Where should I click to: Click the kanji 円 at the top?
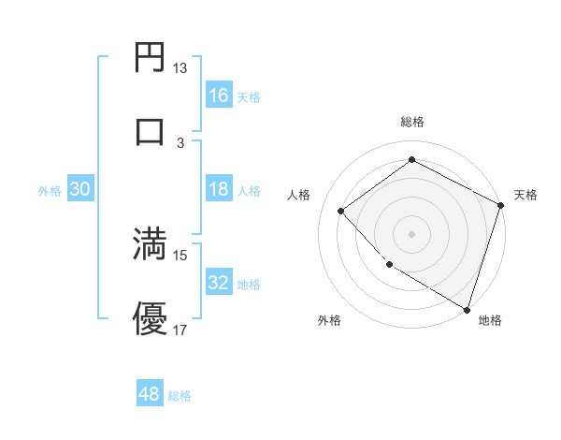151,59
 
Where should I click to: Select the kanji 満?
151,244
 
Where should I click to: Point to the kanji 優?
151,319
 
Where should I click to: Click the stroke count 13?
180,68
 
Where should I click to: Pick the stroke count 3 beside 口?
180,142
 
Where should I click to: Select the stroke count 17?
180,330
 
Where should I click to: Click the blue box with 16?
219,95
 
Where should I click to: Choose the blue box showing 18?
219,190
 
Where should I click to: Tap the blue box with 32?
219,283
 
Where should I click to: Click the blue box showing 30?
80,189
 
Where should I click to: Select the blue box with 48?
150,394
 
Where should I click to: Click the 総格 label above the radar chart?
412,123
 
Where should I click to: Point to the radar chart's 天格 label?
525,195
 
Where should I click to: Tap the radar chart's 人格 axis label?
299,195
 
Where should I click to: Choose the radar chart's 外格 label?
328,320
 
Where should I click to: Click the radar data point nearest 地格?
466,308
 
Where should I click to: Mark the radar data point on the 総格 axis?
411,160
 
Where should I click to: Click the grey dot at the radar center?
411,233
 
